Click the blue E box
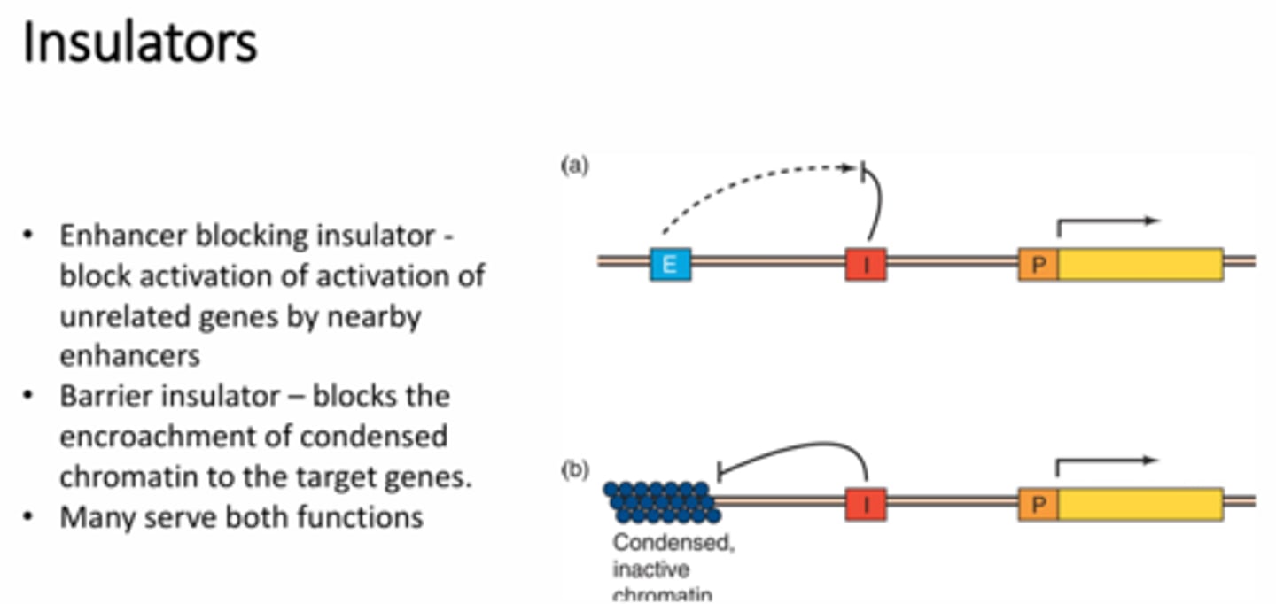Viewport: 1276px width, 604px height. (670, 264)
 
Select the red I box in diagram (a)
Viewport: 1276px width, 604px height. (865, 264)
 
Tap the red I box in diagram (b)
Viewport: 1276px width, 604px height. (865, 503)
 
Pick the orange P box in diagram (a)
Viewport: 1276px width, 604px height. (1038, 264)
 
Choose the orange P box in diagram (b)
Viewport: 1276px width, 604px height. (1038, 503)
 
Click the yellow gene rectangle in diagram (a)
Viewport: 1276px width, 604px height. (1140, 264)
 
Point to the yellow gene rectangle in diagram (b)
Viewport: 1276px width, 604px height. (1140, 503)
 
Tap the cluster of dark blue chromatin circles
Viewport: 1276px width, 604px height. (661, 501)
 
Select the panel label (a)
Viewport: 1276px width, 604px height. (574, 166)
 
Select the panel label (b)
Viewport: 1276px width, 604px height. (574, 470)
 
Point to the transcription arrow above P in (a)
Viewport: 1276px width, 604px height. (1108, 223)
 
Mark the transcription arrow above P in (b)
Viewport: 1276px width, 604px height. (1108, 461)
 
